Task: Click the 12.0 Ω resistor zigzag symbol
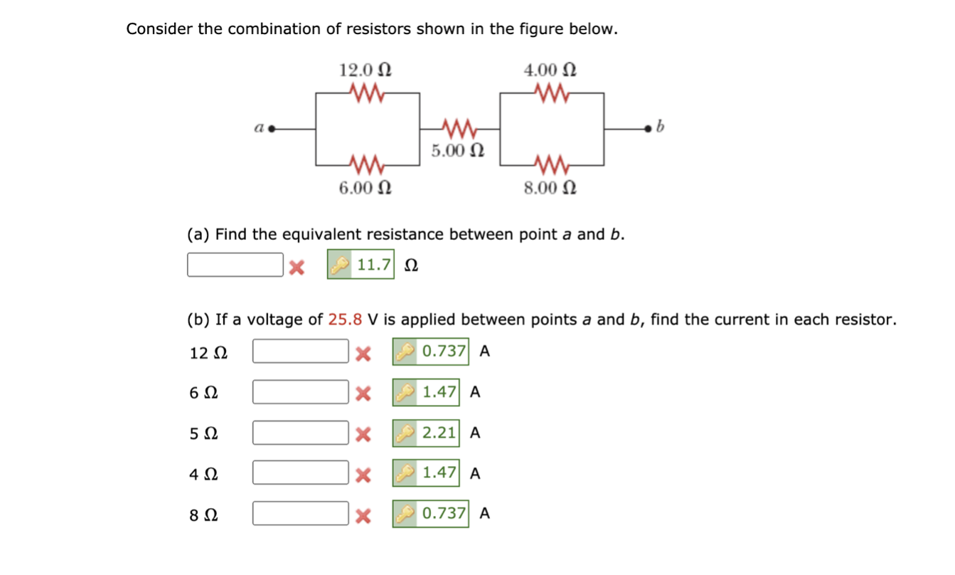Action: (368, 93)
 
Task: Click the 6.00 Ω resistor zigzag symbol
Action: (368, 165)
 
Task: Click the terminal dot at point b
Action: (647, 130)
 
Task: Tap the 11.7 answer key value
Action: (373, 265)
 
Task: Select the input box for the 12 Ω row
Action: (301, 352)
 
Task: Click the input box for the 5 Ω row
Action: (301, 433)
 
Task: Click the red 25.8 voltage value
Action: (345, 320)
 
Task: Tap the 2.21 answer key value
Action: (439, 433)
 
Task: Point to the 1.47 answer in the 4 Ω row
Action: (439, 473)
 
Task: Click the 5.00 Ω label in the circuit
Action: (459, 151)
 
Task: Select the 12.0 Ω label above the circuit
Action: (365, 70)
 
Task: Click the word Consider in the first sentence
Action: (161, 29)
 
